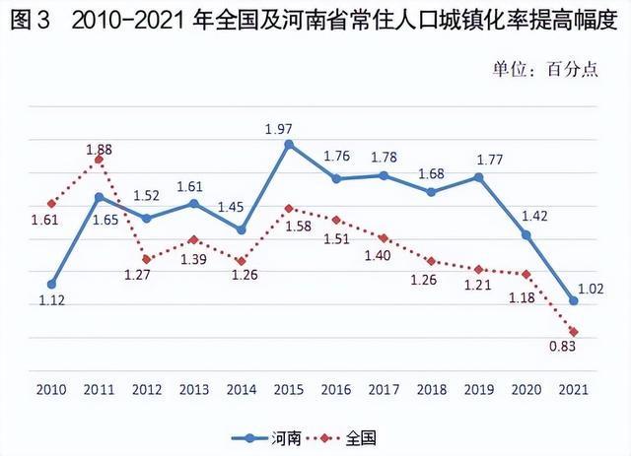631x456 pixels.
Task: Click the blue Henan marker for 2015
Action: (289, 144)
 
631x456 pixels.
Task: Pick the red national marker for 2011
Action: (99, 160)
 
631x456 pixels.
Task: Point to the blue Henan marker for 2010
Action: (51, 284)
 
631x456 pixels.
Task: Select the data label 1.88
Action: (99, 148)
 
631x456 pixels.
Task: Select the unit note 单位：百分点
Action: (545, 71)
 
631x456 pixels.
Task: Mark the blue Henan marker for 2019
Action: (479, 177)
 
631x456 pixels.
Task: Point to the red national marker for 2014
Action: (242, 260)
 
